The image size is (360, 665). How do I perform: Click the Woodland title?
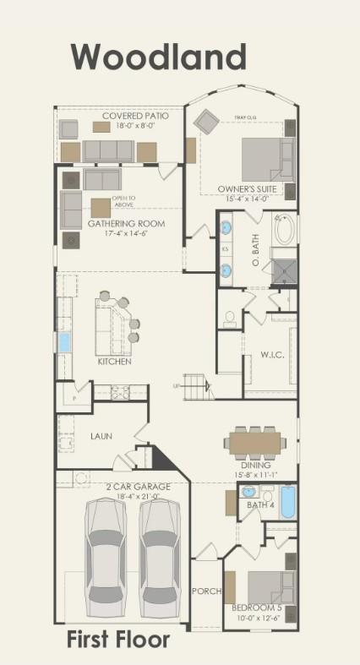coord(158,57)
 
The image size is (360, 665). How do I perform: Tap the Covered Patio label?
coord(134,116)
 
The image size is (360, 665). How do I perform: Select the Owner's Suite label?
coord(242,188)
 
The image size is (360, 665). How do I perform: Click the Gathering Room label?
coord(127,223)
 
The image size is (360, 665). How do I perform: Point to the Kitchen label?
coord(114,361)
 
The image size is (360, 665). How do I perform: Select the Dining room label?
coord(255,465)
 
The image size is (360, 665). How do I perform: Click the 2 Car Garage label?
coord(138,487)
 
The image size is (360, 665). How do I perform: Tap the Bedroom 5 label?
coord(256,608)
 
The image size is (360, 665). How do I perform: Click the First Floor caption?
coord(118,640)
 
